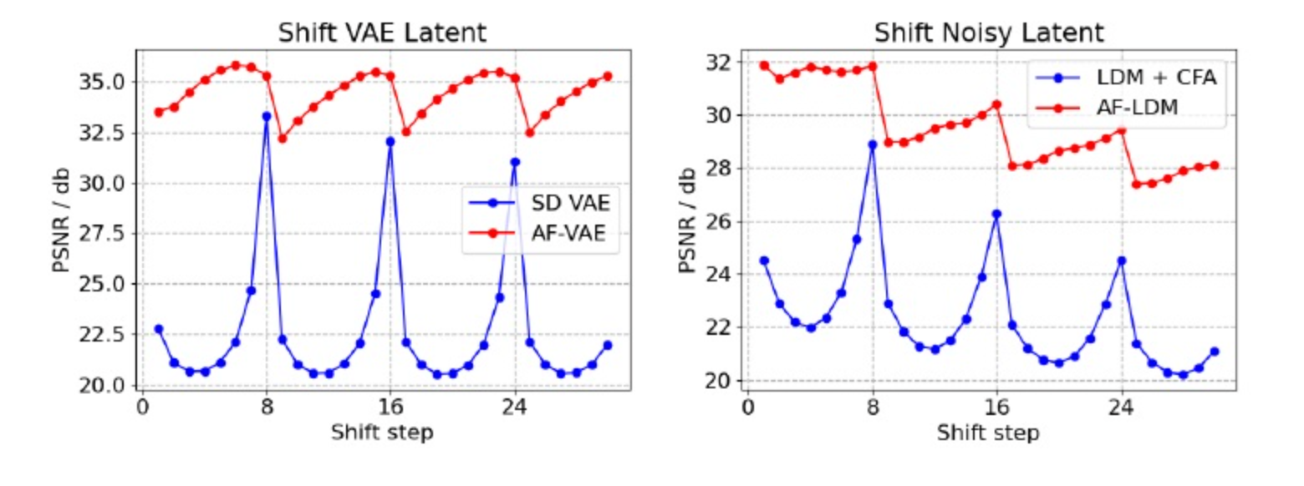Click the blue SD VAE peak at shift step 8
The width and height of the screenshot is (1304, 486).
(267, 116)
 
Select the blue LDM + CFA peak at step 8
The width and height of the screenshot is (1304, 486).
(873, 144)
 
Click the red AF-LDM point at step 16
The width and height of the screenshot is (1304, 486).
(997, 104)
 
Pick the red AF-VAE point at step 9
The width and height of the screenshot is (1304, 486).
(283, 139)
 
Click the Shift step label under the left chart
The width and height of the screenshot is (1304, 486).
(382, 433)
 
